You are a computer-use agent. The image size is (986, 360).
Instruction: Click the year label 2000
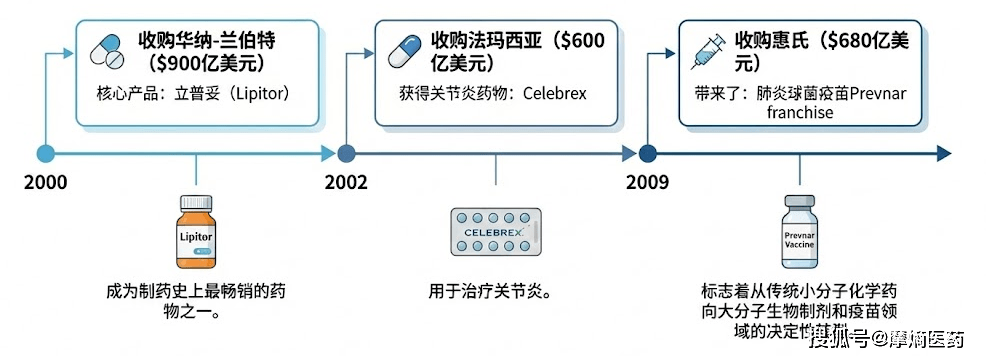click(x=47, y=182)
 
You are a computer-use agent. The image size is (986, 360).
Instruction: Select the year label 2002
click(x=346, y=182)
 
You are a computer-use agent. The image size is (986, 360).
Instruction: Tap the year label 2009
click(x=647, y=182)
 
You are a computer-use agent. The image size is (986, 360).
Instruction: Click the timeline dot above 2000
click(x=45, y=153)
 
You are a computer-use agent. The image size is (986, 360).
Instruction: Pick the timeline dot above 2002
click(x=346, y=153)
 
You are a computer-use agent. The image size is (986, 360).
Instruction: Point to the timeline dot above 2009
click(x=647, y=153)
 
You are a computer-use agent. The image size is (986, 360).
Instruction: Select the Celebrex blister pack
click(x=495, y=232)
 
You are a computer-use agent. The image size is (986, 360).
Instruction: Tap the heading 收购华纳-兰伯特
click(x=205, y=41)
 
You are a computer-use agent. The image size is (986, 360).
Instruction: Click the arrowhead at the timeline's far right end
click(x=941, y=153)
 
